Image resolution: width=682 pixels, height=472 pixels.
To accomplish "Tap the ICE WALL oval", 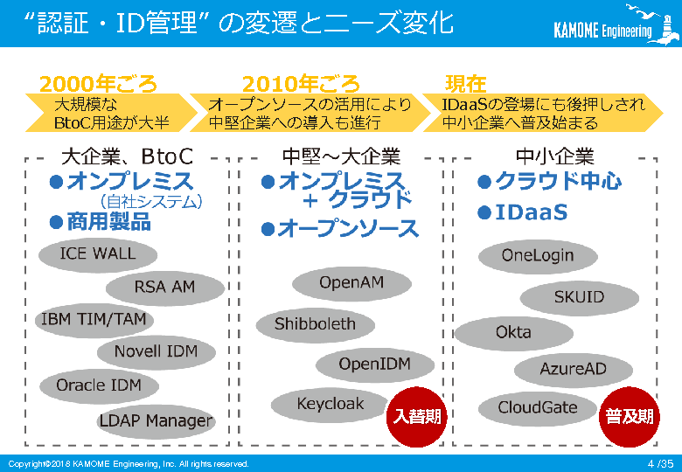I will click(x=98, y=254).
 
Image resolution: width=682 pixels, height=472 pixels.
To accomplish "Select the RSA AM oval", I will click(x=164, y=287).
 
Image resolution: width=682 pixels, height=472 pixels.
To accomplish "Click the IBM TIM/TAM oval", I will click(x=94, y=319).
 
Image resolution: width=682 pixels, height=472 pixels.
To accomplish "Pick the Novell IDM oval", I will click(x=156, y=351).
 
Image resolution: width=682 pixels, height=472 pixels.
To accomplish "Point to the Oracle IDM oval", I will click(x=100, y=385).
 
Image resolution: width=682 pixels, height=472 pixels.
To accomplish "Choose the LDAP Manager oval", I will click(x=156, y=421).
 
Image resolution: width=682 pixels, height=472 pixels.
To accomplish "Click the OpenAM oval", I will click(x=351, y=283).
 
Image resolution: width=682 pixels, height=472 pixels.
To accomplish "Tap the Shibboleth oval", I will click(x=315, y=324).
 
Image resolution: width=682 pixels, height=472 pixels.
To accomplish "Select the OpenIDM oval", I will click(x=374, y=364).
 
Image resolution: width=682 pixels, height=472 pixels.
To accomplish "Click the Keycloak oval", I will click(x=330, y=405).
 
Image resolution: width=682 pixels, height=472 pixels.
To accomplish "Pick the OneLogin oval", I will click(x=538, y=256).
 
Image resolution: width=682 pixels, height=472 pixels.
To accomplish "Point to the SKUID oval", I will click(x=579, y=297).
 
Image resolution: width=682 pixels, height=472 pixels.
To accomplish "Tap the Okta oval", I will click(x=513, y=333).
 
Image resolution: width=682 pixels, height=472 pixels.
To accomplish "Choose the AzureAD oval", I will click(x=573, y=370).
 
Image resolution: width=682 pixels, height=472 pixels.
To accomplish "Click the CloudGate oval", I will click(x=538, y=407).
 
